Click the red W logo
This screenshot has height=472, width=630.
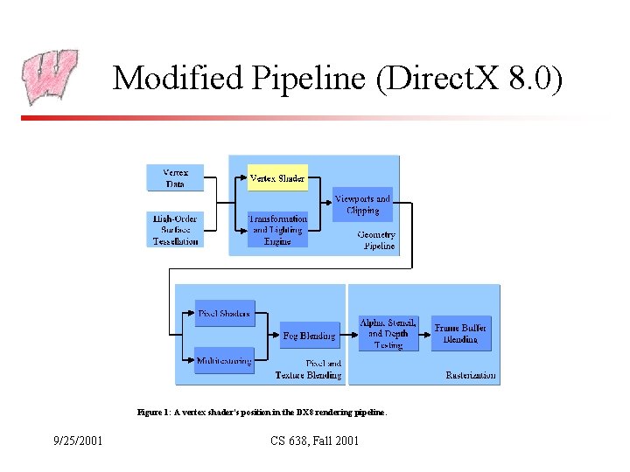(50, 77)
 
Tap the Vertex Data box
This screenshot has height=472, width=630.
(175, 177)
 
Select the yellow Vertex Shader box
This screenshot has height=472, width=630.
(277, 178)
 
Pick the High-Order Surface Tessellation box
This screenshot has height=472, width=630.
(175, 230)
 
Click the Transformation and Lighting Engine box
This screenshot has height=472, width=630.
(277, 230)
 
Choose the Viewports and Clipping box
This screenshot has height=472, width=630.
(362, 205)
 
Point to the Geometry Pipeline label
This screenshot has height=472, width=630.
(377, 240)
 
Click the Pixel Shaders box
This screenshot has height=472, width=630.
(224, 314)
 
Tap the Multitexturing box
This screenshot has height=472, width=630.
(224, 360)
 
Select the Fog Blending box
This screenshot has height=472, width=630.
(310, 336)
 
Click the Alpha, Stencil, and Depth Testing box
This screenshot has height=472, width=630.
(388, 333)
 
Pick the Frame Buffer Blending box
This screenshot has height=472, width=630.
(460, 333)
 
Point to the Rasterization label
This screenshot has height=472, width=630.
(471, 375)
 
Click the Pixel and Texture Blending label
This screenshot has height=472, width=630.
(309, 369)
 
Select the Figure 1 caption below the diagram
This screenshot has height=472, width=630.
(262, 411)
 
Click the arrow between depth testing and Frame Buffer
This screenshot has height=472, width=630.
(424, 333)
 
